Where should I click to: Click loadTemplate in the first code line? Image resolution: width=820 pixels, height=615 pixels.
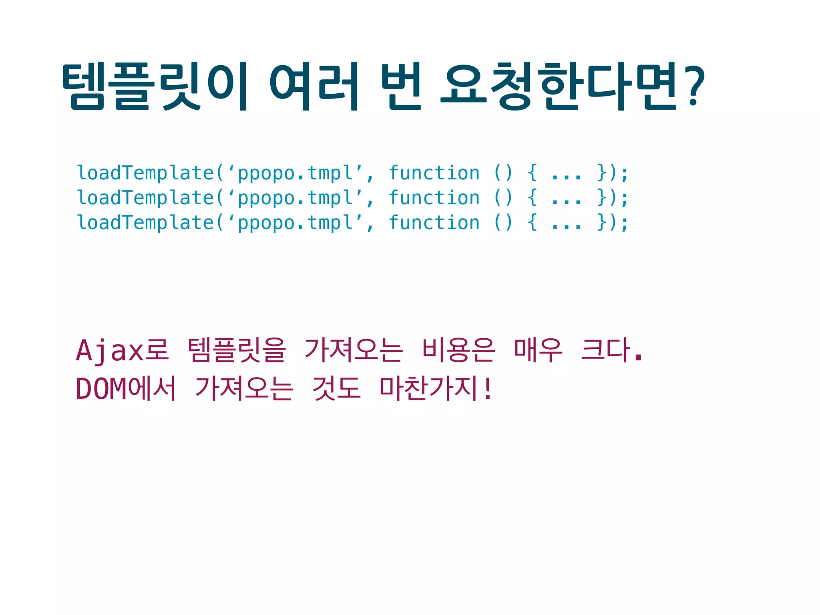click(145, 173)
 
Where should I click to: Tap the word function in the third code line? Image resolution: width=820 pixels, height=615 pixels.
click(434, 223)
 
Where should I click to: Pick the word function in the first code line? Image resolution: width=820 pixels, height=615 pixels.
click(434, 173)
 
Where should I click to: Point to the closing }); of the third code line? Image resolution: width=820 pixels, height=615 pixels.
click(612, 223)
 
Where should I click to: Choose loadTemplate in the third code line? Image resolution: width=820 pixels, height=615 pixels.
click(145, 223)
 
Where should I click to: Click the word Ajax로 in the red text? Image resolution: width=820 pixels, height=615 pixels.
click(122, 350)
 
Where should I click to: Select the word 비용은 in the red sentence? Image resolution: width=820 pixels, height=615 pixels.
click(458, 350)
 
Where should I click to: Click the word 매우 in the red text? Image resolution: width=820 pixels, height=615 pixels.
click(538, 350)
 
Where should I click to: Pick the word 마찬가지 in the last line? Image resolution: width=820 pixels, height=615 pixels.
click(430, 388)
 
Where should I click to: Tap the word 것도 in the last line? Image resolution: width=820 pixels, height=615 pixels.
click(336, 388)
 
